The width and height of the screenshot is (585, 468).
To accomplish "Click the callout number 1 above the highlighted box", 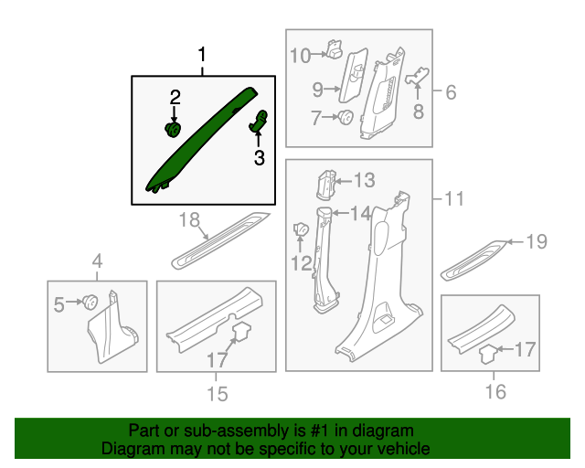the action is [x=202, y=55].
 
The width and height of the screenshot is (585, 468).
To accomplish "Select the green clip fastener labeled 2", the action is [x=173, y=129].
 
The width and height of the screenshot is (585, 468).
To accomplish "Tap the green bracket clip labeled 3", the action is [x=259, y=121].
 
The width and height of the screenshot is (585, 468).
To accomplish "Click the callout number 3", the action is [x=260, y=157].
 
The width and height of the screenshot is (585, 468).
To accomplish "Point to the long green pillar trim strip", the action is [x=201, y=140].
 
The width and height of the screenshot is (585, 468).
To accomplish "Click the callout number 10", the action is [x=301, y=56].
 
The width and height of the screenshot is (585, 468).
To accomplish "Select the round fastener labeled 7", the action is [x=346, y=117].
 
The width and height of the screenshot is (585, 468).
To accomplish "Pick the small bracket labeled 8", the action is [x=417, y=76].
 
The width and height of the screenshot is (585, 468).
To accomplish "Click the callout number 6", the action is [x=451, y=91].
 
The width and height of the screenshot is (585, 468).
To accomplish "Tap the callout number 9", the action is [x=318, y=90].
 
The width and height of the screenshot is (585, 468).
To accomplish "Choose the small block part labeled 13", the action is [x=326, y=185].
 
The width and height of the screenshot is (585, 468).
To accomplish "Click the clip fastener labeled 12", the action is [x=301, y=229].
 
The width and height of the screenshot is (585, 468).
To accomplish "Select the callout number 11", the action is [x=454, y=198].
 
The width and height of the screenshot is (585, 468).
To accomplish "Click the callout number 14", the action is [x=360, y=214].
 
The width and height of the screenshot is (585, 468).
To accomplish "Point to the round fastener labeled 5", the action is [x=90, y=302].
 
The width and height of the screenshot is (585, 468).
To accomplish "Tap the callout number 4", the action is [x=97, y=261].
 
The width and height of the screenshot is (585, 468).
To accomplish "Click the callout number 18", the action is [x=189, y=219].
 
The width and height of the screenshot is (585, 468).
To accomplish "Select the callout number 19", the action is [x=537, y=241].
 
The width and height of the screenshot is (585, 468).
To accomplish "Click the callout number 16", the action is [x=495, y=391].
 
